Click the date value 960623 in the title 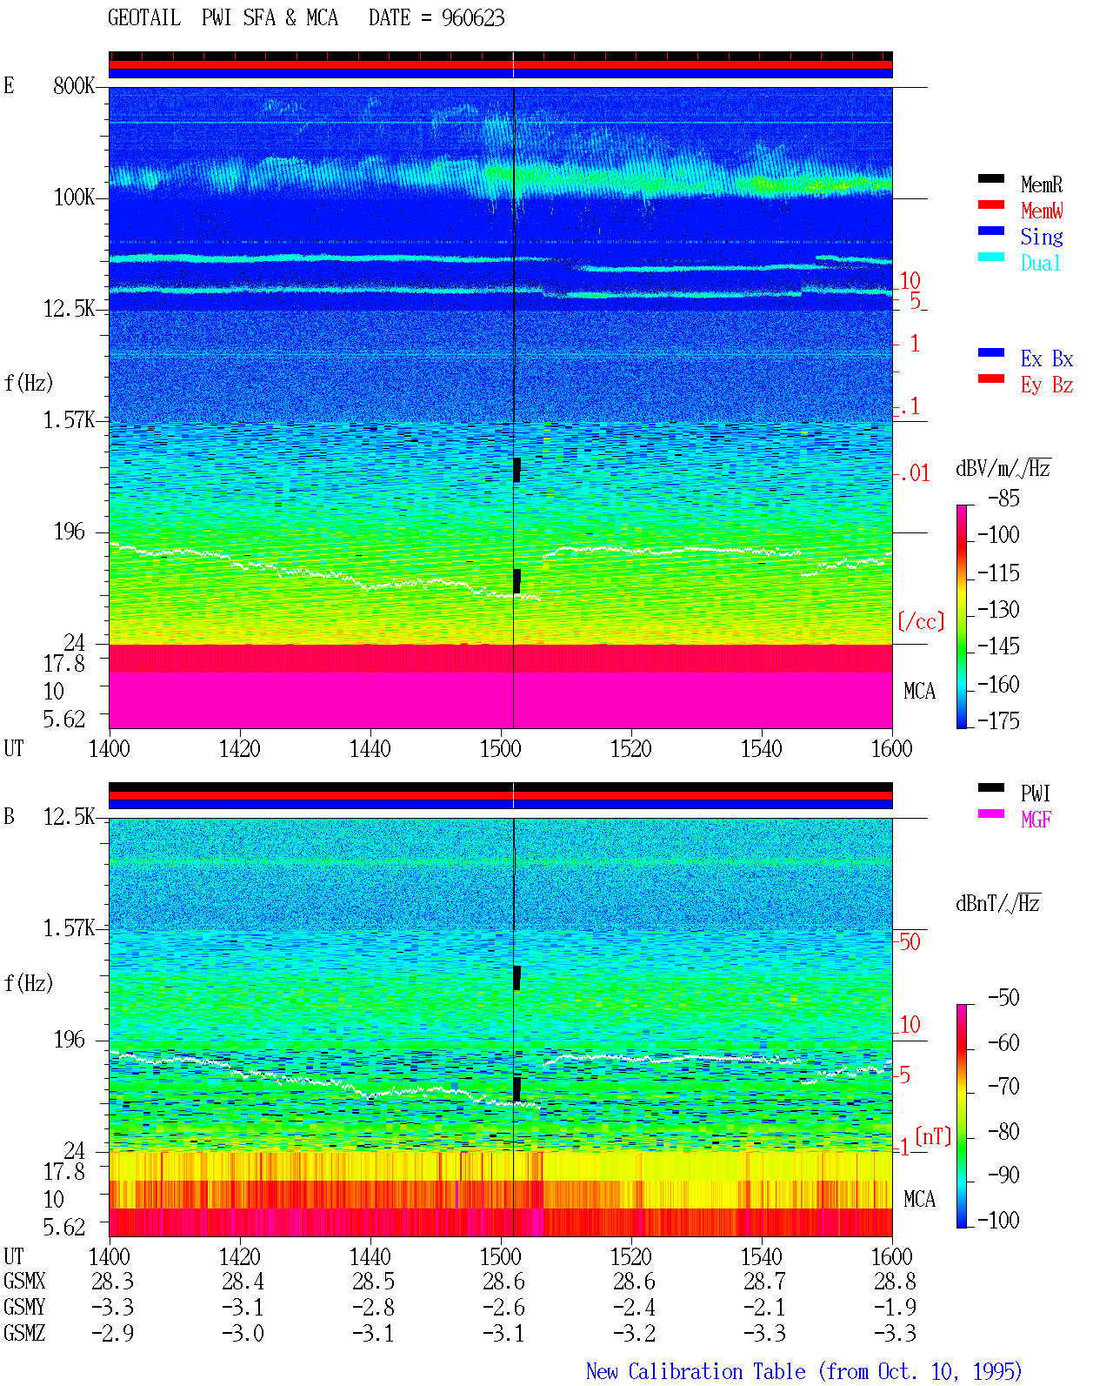(x=472, y=17)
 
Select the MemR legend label (x=1041, y=184)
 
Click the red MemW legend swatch (x=990, y=204)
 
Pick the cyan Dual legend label (x=1040, y=263)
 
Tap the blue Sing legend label (x=1041, y=237)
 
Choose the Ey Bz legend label (x=1046, y=385)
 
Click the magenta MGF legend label (x=1036, y=820)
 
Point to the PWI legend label (x=1035, y=793)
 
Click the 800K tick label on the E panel (x=74, y=85)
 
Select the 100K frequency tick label (x=74, y=198)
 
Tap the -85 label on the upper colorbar (x=1003, y=498)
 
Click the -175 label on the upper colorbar (x=998, y=720)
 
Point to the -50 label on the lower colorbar (x=1003, y=998)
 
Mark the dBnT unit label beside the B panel (x=997, y=903)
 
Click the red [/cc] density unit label (x=921, y=621)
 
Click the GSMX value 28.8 (x=894, y=1281)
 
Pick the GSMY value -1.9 (x=894, y=1307)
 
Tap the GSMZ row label (x=24, y=1333)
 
